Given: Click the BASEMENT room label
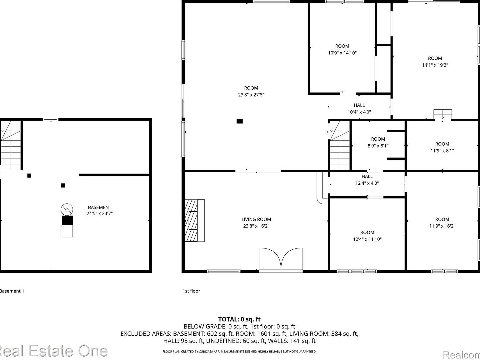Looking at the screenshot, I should point(99,207).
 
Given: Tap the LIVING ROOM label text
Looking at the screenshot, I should point(256,219).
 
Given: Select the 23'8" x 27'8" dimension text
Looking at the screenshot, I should point(251,95).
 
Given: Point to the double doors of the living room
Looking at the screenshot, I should point(281,259).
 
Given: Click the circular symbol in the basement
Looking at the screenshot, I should point(67,209).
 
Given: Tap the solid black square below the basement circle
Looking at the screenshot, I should point(67,220).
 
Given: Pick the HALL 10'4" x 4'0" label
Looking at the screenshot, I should point(359,108).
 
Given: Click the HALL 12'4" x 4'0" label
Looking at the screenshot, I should point(367,180).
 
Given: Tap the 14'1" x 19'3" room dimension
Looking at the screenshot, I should point(435,65).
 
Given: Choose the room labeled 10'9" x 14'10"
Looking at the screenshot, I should point(342,49).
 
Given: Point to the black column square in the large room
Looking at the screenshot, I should point(239,121).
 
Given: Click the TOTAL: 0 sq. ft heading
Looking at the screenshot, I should point(239,319).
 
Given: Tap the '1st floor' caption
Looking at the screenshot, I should point(191,291).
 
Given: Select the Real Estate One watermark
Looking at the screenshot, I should point(53,351).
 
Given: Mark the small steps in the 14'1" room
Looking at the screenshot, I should point(442,115).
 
